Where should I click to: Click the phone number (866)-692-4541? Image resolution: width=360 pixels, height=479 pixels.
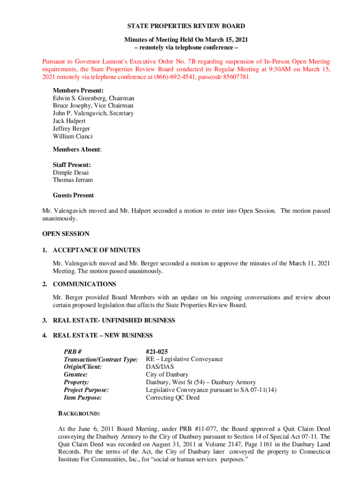[172, 78]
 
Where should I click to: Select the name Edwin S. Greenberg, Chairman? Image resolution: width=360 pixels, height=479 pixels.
[94, 98]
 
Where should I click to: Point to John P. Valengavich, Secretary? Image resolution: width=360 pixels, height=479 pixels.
[93, 113]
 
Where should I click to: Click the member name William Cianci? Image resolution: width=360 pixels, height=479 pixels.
[72, 136]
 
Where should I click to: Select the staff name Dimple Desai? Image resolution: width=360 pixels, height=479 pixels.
[71, 173]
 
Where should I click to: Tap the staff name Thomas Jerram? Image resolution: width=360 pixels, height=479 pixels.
[72, 180]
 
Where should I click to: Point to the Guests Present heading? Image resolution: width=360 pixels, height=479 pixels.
[73, 195]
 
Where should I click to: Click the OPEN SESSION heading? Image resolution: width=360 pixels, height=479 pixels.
[65, 233]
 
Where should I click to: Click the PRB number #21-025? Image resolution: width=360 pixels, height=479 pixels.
[157, 352]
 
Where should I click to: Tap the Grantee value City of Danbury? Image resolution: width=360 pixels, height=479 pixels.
[167, 375]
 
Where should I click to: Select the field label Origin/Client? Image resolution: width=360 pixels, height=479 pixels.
[83, 367]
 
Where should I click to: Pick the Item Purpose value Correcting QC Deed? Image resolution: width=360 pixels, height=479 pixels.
[173, 398]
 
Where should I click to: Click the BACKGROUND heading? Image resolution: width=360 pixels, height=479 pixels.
[79, 414]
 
